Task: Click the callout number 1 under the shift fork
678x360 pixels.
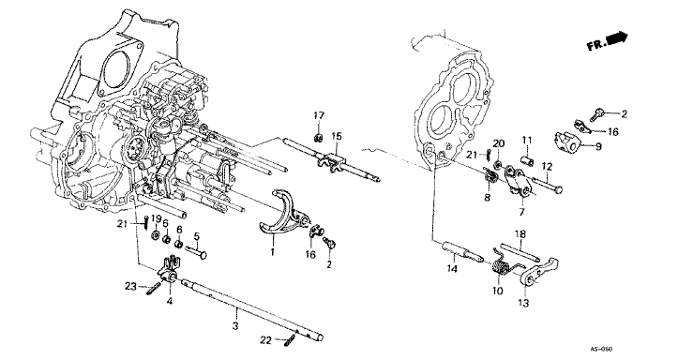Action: (271, 252)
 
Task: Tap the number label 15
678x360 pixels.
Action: (337, 136)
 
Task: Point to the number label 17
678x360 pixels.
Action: (318, 115)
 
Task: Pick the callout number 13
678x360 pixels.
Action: (524, 304)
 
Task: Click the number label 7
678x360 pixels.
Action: (521, 214)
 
